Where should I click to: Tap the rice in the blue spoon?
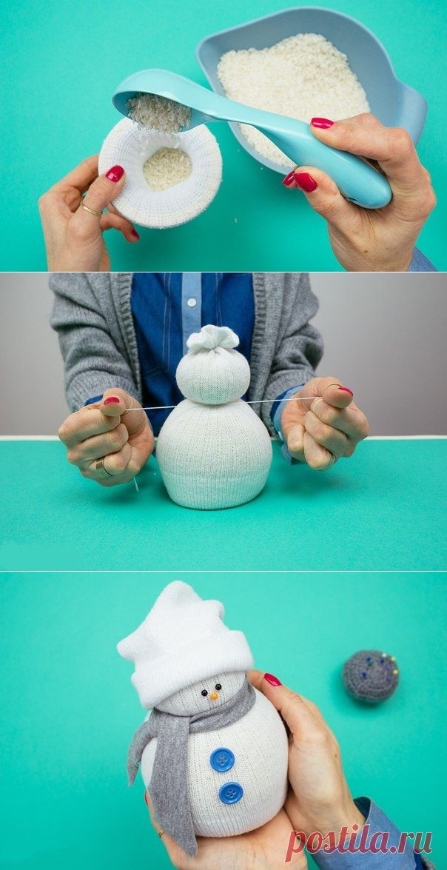[159, 112]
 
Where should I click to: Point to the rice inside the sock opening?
[167, 167]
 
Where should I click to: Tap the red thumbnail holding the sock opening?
[115, 173]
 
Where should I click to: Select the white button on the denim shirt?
[191, 303]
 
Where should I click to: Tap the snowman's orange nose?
[214, 695]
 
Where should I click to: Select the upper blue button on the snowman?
[223, 759]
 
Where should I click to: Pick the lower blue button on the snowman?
[231, 793]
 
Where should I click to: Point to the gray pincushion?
[370, 676]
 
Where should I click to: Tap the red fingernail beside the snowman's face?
[272, 679]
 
